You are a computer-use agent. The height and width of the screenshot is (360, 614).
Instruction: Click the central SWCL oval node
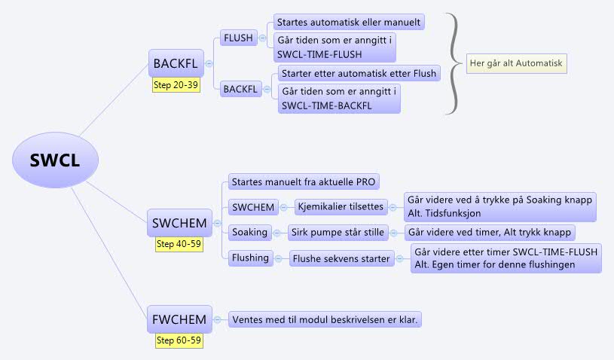coord(55,160)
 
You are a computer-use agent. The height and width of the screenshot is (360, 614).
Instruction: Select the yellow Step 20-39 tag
coord(176,85)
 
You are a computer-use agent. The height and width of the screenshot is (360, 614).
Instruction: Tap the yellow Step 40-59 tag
coord(179,244)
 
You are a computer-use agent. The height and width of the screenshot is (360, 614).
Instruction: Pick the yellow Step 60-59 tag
coord(179,340)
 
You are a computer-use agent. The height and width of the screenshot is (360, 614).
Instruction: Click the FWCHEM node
coord(179,320)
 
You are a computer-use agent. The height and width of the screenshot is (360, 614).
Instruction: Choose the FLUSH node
coord(238,38)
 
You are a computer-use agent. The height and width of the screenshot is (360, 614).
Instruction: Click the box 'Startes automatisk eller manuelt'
coord(347,22)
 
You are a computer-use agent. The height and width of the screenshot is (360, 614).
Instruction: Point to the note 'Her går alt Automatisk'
coord(515,64)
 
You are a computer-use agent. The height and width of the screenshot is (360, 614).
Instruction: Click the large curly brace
coord(454,64)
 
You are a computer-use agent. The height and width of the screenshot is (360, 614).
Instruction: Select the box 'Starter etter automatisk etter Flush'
coord(359,73)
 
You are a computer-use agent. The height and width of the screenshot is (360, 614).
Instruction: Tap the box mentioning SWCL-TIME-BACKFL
coord(338,99)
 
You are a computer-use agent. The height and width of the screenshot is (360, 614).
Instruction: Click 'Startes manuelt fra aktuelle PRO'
coord(304,182)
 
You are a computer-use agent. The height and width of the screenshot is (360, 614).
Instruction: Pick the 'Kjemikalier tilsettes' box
coord(340,206)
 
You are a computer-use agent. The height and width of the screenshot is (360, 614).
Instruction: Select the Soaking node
coord(249,232)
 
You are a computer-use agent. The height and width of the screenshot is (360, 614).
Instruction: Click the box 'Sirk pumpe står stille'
coord(344,232)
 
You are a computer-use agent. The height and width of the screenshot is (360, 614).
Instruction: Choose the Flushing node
coord(251,258)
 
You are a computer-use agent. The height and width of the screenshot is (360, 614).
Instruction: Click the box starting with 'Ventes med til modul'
coord(325,319)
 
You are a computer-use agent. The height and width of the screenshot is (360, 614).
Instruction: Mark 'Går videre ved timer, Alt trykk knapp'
coord(490,232)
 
